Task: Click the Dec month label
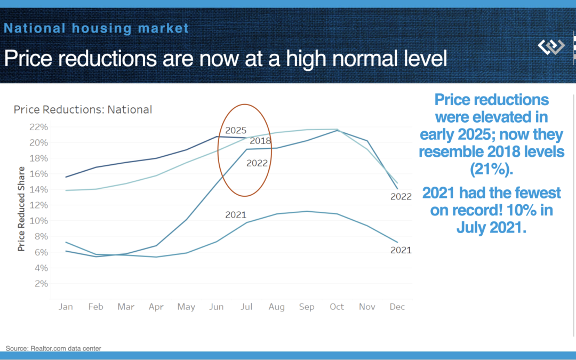[397, 307]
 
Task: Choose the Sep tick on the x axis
[307, 307]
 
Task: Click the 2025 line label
[236, 130]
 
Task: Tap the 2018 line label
[260, 141]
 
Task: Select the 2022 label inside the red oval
[257, 163]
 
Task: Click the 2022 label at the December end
[401, 196]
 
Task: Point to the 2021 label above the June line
[235, 215]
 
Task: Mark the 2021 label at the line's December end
[401, 250]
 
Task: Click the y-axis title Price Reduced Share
[21, 209]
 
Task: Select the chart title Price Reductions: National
[83, 110]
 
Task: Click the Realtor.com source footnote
[53, 348]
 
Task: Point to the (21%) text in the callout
[491, 169]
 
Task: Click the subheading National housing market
[97, 28]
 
